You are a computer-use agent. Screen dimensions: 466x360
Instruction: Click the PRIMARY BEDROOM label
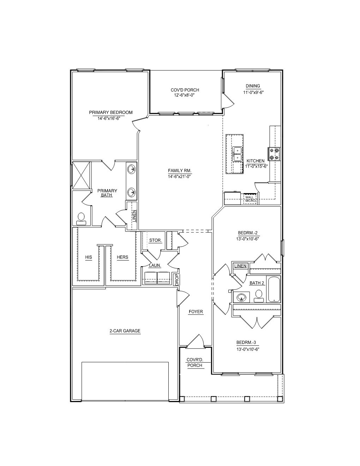[111, 113]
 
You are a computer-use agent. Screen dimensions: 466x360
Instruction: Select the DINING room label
[253, 86]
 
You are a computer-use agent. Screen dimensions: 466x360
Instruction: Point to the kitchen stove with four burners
[274, 154]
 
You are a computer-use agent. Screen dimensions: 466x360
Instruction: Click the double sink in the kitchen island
[237, 154]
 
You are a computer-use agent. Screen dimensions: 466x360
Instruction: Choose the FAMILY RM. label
[180, 171]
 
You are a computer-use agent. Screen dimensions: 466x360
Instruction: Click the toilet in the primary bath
[81, 219]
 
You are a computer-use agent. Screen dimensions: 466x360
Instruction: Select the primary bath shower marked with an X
[81, 175]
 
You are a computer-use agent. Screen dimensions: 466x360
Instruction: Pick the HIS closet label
[89, 257]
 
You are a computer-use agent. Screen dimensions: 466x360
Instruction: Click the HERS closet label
[122, 257]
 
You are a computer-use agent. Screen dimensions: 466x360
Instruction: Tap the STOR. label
[155, 240]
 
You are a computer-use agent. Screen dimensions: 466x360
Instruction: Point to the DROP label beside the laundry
[177, 280]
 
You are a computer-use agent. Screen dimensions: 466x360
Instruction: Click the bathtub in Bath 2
[274, 289]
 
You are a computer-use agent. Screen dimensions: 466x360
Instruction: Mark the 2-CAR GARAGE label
[125, 331]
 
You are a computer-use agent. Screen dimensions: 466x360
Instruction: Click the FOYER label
[196, 312]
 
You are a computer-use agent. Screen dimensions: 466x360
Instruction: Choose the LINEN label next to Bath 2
[240, 266]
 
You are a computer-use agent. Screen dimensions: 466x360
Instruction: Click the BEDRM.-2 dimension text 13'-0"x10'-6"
[248, 239]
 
